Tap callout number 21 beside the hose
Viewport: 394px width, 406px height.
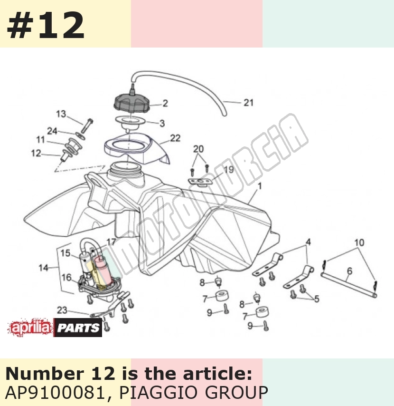click(248, 103)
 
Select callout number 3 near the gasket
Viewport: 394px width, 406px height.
click(162, 123)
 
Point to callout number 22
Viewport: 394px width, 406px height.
click(175, 138)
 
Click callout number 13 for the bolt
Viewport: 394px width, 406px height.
click(61, 114)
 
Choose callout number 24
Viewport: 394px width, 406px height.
click(52, 131)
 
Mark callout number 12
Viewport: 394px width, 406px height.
click(36, 153)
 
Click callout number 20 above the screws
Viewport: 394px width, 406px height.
click(198, 149)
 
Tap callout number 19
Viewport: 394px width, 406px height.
click(229, 170)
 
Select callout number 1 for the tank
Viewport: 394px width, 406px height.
click(260, 186)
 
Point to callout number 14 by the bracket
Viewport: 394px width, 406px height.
click(43, 268)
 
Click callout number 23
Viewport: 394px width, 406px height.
click(62, 310)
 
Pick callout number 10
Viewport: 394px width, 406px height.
click(359, 243)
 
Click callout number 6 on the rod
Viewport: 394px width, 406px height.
click(349, 271)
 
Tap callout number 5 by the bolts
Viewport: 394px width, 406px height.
click(317, 299)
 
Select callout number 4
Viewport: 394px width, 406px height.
click(308, 242)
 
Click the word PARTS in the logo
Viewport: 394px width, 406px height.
click(78, 328)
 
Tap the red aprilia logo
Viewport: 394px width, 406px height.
click(30, 328)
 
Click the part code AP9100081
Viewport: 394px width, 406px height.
click(54, 393)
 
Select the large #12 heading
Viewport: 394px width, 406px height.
click(46, 26)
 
